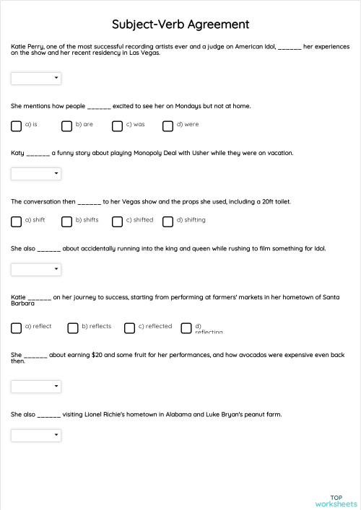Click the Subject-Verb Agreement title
180,25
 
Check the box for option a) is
17,126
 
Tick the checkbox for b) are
67,126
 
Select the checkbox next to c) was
118,126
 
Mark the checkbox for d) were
168,126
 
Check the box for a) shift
17,221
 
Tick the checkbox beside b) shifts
67,221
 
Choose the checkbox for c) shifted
118,221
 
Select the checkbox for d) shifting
168,221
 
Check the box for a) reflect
17,328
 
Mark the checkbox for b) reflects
73,328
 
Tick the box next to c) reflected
130,328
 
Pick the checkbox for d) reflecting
186,328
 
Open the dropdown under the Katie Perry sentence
36,78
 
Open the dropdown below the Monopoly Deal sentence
36,173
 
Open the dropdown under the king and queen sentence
36,269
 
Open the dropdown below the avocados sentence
36,386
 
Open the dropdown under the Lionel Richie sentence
36,435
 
